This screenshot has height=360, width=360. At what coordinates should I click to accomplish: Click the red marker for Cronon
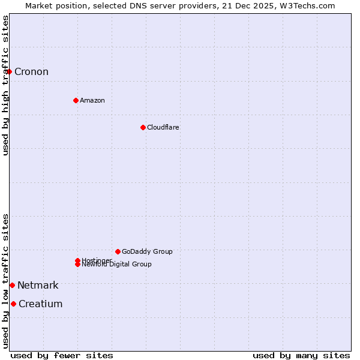point(9,72)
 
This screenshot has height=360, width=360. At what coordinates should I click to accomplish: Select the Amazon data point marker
point(76,100)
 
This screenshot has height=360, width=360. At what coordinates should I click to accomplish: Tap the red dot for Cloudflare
point(143,127)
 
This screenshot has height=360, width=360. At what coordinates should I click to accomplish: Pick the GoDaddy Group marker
point(118,251)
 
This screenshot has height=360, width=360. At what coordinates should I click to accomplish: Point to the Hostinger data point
point(77,260)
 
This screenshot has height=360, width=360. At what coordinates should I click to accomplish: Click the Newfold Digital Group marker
point(77,265)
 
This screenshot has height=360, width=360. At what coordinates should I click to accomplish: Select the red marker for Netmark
point(12,285)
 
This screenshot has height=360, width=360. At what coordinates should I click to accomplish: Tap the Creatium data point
point(13,304)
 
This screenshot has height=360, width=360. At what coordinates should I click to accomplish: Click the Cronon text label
point(31,72)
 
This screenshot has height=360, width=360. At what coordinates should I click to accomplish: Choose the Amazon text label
point(92,100)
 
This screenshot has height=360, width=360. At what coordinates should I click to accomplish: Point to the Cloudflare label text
point(163,127)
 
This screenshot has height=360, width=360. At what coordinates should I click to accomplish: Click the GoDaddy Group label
point(147,251)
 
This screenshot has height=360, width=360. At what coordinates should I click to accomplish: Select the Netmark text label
point(38,285)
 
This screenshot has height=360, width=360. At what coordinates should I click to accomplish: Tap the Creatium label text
point(40,304)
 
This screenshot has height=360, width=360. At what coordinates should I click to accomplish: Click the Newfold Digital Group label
point(118,265)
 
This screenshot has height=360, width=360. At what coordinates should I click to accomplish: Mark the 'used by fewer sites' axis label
point(62,355)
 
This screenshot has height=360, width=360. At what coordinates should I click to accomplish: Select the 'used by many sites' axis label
point(301,355)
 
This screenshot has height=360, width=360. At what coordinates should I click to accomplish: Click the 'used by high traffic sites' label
point(5,85)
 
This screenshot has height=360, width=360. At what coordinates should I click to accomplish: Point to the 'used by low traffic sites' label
point(5,281)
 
